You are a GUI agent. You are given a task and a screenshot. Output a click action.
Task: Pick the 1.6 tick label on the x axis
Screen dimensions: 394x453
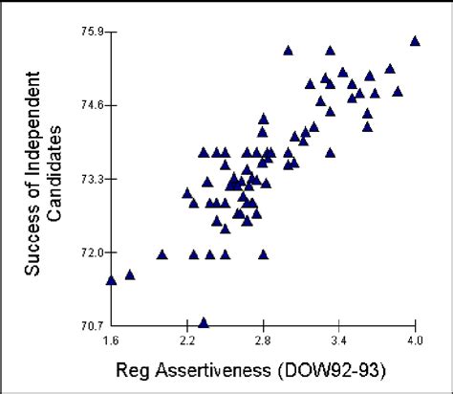[x=111, y=339]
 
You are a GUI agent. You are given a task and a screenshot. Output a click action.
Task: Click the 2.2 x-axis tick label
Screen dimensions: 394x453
[x=186, y=339]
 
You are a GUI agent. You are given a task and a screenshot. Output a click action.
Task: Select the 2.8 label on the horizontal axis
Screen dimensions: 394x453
[x=263, y=339]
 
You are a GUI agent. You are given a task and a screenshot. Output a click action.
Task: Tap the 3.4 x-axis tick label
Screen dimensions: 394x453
[x=338, y=339]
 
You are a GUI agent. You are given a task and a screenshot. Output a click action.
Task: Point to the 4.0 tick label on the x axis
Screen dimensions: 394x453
[x=415, y=339]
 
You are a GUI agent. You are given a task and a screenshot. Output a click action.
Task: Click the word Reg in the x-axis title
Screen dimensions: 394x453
[x=132, y=368]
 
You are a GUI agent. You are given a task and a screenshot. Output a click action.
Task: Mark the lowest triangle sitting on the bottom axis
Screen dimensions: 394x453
[x=204, y=323]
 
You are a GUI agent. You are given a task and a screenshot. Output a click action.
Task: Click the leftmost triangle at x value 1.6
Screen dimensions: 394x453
[x=111, y=280]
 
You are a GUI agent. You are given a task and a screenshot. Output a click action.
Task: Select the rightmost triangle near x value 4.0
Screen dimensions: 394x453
[x=415, y=41]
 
